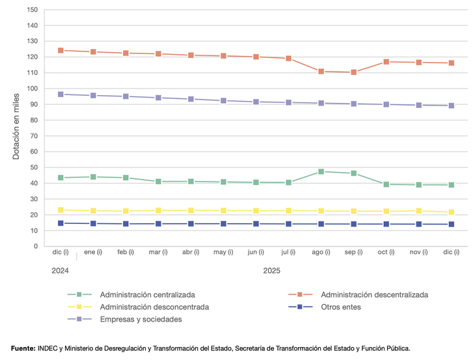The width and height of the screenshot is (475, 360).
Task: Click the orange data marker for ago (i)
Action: point(321,72)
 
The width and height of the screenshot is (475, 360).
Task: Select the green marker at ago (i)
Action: point(321,172)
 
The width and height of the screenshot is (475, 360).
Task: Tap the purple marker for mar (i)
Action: point(158,98)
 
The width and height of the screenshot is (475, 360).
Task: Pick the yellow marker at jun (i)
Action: point(256,211)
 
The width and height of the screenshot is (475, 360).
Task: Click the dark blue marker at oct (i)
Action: point(386,224)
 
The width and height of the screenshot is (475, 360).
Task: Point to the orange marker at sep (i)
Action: point(353,72)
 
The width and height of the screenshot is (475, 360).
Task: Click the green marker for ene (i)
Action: point(93,177)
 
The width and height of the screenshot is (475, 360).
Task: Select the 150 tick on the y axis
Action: point(31,10)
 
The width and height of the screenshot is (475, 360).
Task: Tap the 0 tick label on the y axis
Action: point(36,247)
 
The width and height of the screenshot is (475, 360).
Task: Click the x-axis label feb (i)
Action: point(126,252)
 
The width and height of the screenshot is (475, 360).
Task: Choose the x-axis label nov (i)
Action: point(418,252)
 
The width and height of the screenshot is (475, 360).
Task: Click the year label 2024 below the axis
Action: point(61,270)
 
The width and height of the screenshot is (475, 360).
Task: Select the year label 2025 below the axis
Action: point(272,270)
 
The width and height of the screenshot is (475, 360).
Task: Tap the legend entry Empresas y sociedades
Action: point(141,319)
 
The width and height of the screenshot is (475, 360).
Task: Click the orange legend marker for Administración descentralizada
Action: point(300,295)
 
